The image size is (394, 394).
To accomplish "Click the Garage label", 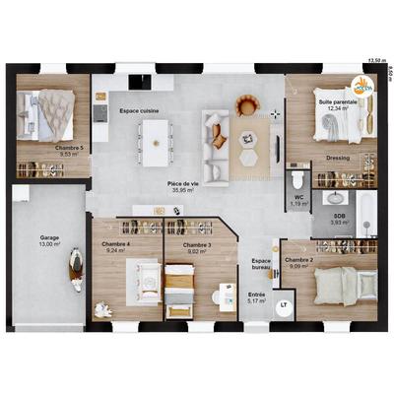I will pyautogui.click(x=49, y=240).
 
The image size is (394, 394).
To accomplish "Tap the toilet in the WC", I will pyautogui.click(x=296, y=179).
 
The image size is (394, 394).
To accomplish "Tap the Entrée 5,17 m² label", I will pyautogui.click(x=256, y=297).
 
